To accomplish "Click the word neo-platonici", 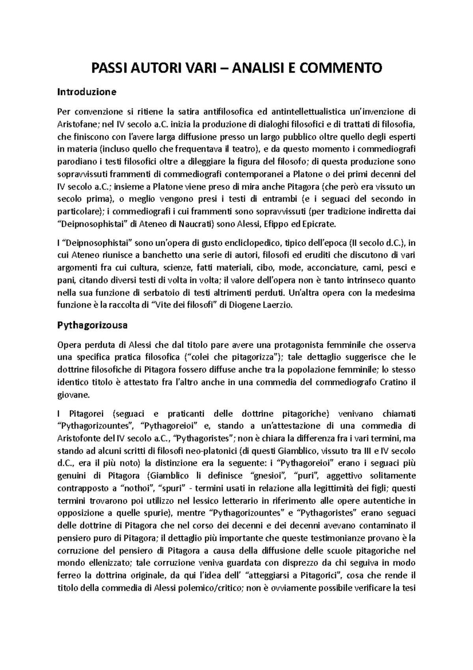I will pos(215,450).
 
